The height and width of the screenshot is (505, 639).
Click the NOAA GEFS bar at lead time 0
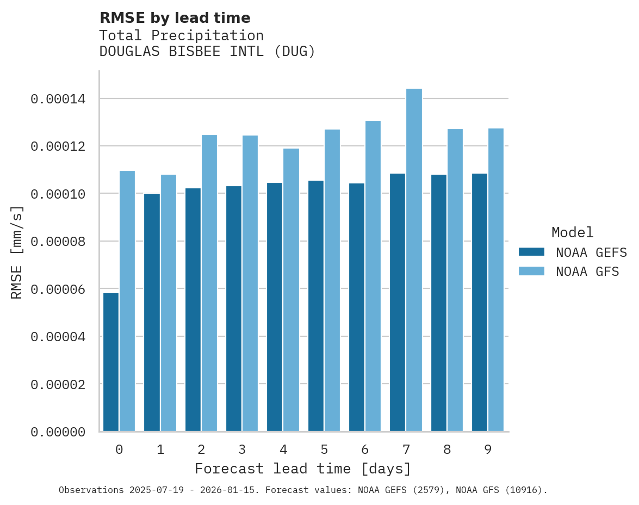point(111,362)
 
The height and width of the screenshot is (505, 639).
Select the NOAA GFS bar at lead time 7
point(414,260)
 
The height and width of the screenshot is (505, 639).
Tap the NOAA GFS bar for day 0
point(127,301)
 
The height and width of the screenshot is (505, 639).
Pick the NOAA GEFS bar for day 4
point(275,307)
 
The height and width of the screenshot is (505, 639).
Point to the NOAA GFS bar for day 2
point(209,283)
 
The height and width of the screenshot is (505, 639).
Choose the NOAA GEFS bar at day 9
point(480,303)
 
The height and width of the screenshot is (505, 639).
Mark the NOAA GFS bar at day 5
point(332,280)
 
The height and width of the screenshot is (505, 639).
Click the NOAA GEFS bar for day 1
point(152,312)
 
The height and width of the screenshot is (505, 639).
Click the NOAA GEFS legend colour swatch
point(532,252)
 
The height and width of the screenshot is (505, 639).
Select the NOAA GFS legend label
point(587,272)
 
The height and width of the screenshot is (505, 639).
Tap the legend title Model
point(572,232)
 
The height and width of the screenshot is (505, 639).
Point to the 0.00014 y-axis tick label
point(58,99)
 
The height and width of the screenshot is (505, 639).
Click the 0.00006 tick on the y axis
point(58,289)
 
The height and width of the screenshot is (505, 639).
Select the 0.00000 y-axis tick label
point(58,432)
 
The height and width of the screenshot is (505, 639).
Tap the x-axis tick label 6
point(365,449)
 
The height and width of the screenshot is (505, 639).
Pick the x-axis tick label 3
point(242,449)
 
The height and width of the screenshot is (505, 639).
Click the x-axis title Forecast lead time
point(303,469)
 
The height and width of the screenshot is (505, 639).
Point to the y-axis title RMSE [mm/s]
point(17,252)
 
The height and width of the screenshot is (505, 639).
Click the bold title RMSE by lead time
point(175,18)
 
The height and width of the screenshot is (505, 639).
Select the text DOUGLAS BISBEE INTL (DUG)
point(207,52)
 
